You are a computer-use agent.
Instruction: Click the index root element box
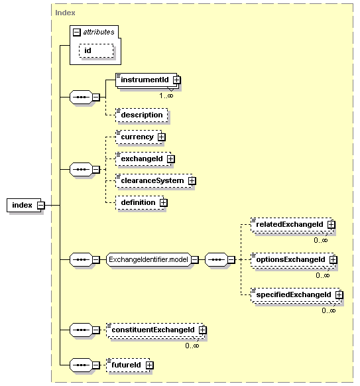click(24, 205)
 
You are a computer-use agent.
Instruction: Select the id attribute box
click(96, 50)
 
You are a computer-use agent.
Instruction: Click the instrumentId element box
click(147, 80)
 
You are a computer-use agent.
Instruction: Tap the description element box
click(142, 115)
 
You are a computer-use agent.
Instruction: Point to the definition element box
click(140, 202)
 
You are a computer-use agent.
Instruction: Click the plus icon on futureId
click(150, 365)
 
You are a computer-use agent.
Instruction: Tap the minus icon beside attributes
click(77, 32)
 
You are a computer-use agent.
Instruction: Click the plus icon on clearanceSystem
click(192, 181)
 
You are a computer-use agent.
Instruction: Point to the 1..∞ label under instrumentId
click(166, 96)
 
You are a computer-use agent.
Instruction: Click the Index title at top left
click(65, 13)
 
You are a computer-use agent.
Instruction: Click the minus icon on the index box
click(41, 205)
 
